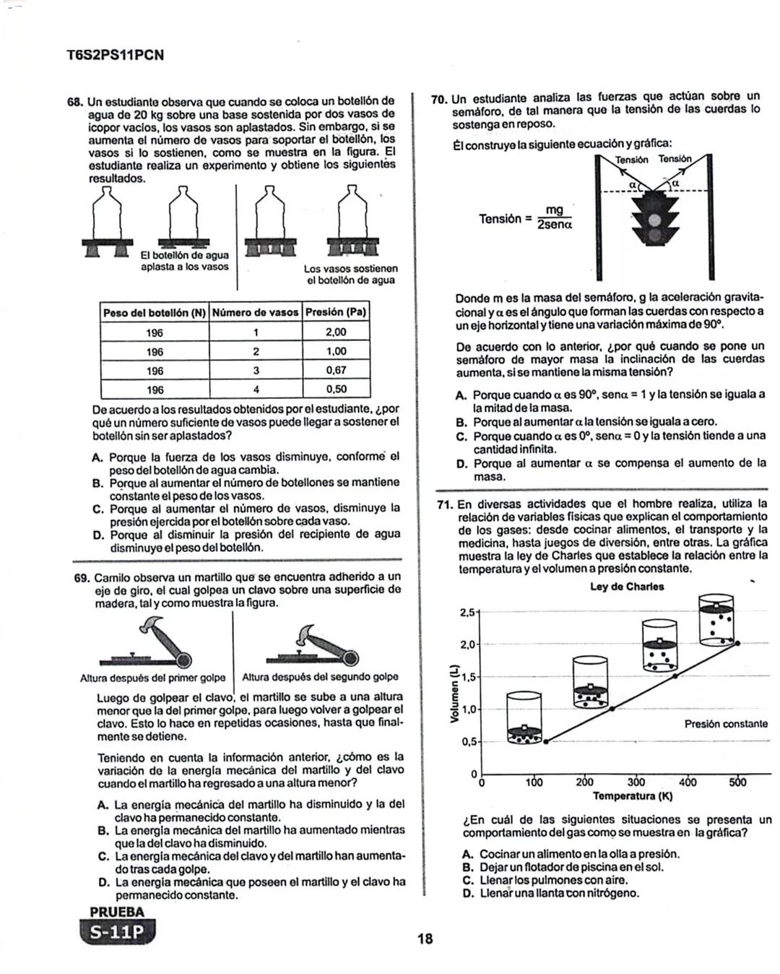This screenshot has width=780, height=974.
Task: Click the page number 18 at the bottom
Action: (425, 939)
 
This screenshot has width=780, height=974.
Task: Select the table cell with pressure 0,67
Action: (336, 370)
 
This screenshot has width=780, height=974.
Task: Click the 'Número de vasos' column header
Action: (256, 312)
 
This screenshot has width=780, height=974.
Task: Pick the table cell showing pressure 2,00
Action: (336, 332)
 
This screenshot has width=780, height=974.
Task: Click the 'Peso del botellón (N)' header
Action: (155, 312)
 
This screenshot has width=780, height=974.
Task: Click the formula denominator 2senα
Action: (554, 225)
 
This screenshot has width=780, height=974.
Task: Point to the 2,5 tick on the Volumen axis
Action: (467, 613)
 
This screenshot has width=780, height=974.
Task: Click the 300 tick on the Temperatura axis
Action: (636, 782)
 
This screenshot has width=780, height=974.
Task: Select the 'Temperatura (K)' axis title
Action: (632, 796)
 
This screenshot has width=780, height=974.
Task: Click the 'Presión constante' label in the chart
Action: (725, 723)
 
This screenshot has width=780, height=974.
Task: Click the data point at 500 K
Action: (737, 642)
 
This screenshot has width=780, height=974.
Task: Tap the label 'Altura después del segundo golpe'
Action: (320, 677)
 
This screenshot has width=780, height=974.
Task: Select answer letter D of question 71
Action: (467, 893)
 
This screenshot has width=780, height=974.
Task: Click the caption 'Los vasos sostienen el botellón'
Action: (350, 274)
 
